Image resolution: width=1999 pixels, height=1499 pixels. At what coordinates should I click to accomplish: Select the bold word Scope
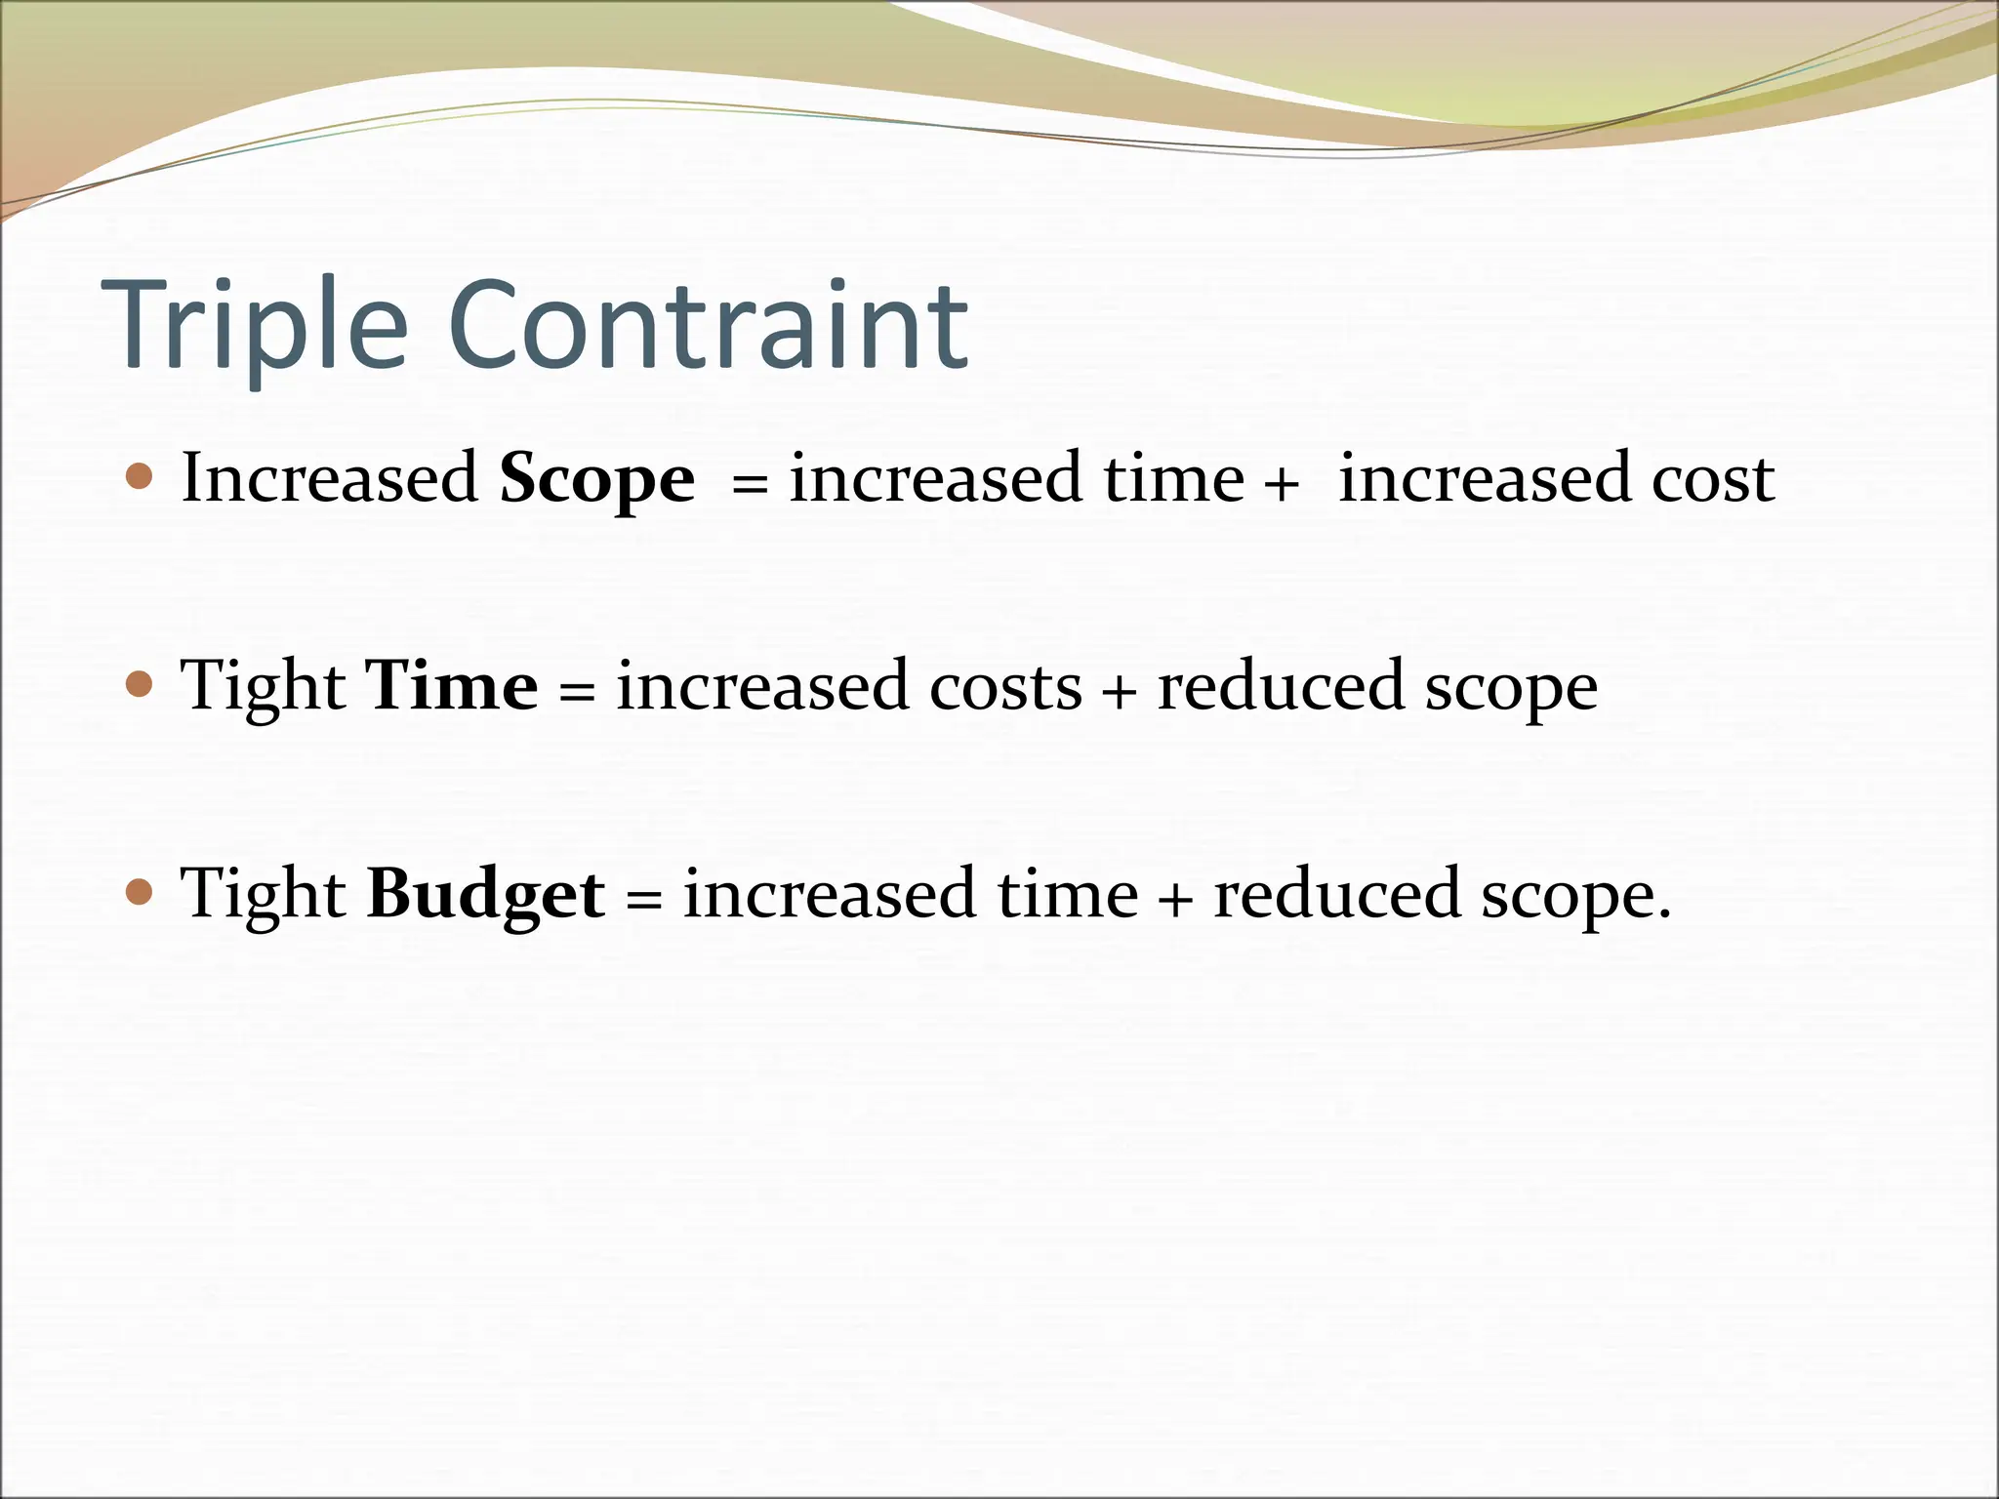point(596,479)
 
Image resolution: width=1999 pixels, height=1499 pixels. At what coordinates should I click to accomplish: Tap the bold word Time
point(450,686)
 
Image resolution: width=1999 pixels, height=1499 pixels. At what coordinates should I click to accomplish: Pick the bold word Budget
point(485,895)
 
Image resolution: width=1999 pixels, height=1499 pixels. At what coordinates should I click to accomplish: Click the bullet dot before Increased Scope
point(141,477)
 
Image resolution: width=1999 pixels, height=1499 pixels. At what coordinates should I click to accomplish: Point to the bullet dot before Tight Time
point(141,685)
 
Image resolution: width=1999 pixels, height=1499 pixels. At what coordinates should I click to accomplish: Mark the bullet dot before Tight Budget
point(141,892)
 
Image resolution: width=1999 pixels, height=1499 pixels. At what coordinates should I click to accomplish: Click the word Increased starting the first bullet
point(329,478)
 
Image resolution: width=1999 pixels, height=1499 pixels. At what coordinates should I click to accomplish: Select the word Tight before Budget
point(263,895)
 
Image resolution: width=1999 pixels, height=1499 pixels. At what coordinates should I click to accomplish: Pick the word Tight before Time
point(263,687)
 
